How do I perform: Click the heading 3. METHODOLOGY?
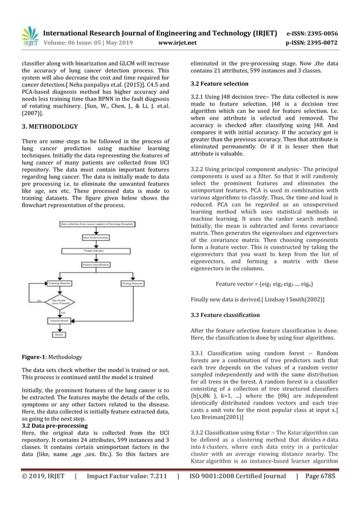tap(50, 127)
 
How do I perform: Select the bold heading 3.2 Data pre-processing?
tap(55, 425)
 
